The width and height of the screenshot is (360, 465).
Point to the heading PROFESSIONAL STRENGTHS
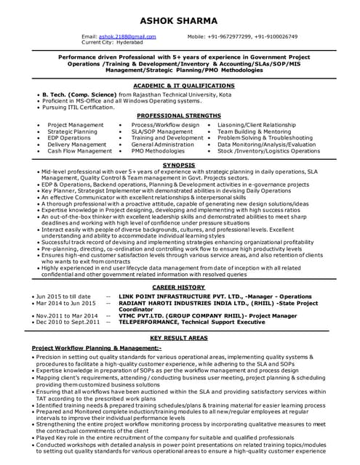tap(179, 116)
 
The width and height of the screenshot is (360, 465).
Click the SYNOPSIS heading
tap(179, 166)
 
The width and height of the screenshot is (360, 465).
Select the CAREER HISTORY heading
tap(179, 288)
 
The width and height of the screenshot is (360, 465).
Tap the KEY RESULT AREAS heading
tap(179, 339)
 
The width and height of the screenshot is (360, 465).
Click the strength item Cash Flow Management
tap(80, 151)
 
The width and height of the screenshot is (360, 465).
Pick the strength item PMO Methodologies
tap(158, 151)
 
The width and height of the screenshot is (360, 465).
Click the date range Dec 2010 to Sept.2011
tap(67, 322)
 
